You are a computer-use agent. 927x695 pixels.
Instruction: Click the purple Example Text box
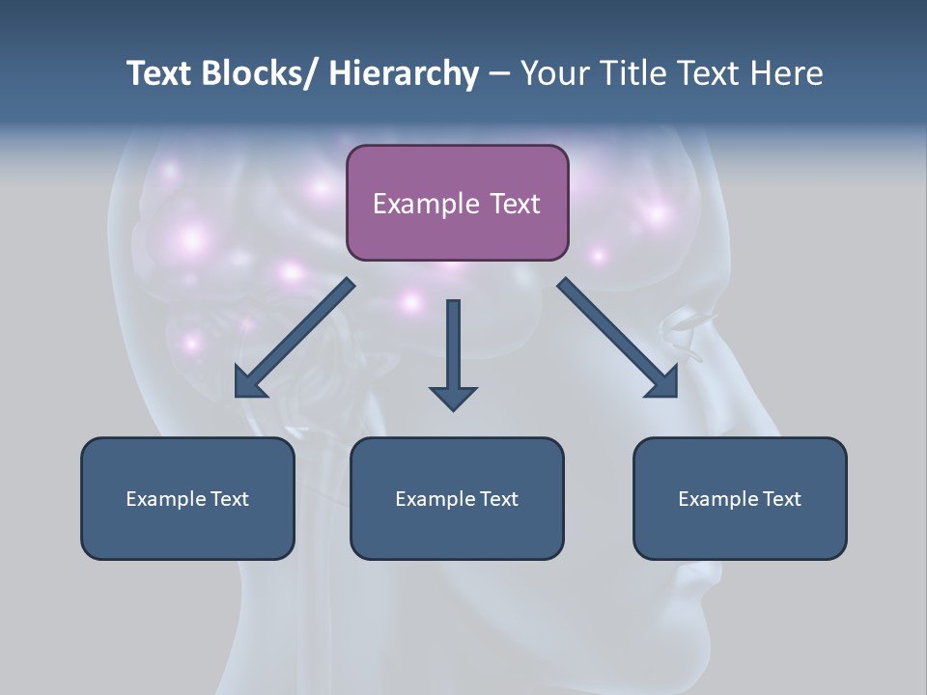(x=457, y=203)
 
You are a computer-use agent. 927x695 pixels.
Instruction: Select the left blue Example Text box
(x=187, y=498)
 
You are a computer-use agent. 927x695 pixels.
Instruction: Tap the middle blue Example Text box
(x=457, y=498)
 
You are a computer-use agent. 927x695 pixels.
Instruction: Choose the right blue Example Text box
(x=740, y=498)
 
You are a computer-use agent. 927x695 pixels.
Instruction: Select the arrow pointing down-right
(x=618, y=338)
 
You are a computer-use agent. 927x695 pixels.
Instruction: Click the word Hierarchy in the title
(x=404, y=73)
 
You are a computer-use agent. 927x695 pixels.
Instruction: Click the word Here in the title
(x=787, y=73)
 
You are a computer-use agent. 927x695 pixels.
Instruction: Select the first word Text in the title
(x=160, y=73)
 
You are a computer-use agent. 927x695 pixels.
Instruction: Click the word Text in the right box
(x=780, y=499)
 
